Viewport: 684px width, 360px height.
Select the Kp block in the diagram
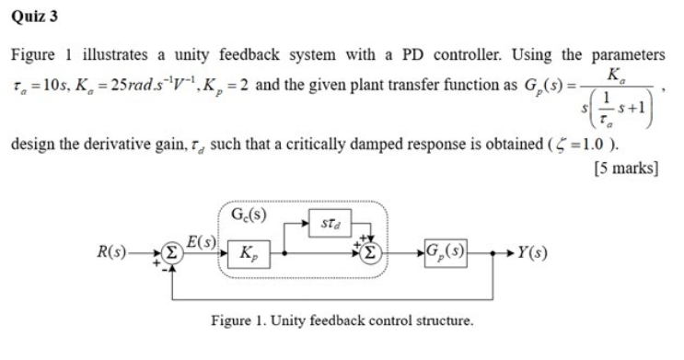tap(248, 251)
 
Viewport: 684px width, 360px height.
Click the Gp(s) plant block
tap(446, 250)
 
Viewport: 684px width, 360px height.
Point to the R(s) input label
tap(114, 250)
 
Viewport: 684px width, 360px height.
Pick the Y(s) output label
tap(536, 250)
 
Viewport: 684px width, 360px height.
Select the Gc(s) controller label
tap(247, 219)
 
